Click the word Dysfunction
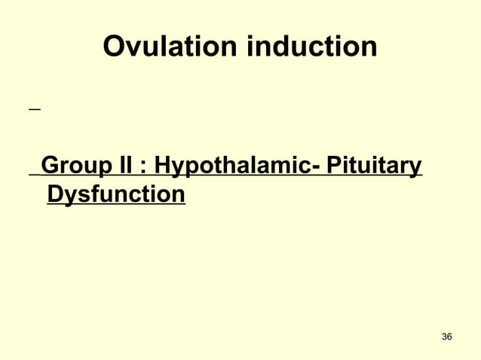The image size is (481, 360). [115, 194]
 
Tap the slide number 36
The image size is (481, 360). [446, 336]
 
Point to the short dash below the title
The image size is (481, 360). [33, 110]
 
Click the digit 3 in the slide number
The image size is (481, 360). [443, 336]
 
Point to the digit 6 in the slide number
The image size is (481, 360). [450, 336]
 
